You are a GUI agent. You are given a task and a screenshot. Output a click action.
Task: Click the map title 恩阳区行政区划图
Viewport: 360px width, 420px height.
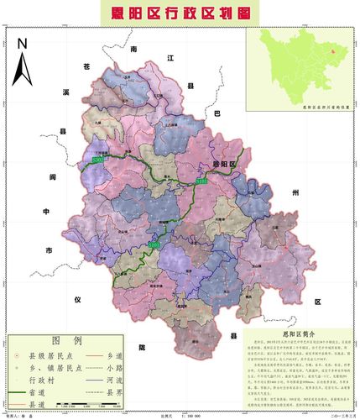pos(180,13)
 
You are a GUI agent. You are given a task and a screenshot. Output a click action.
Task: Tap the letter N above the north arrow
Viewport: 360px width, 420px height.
pos(23,43)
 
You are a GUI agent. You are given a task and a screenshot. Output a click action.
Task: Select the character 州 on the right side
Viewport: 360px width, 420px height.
pos(295,192)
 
